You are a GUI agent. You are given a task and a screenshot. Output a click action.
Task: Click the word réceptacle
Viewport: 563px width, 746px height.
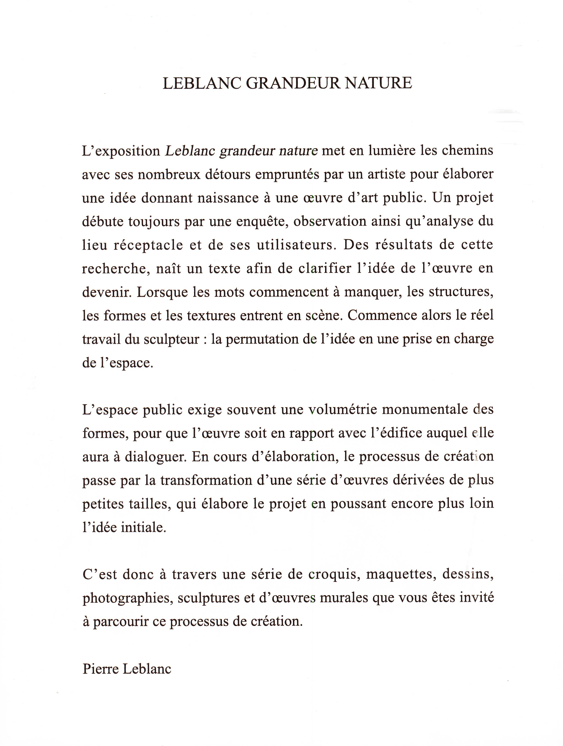(x=148, y=245)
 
